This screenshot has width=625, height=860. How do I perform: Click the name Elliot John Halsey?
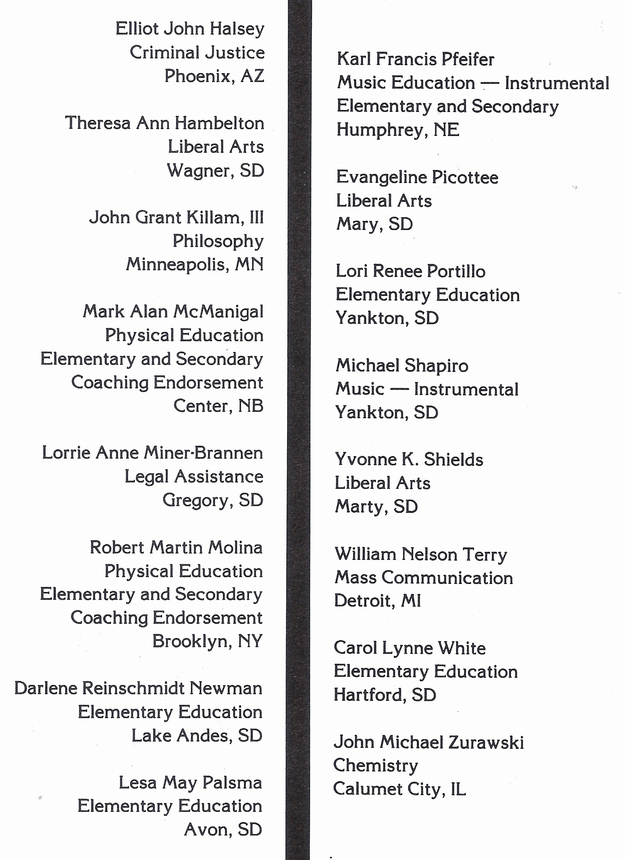click(190, 29)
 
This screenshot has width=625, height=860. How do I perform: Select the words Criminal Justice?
click(197, 53)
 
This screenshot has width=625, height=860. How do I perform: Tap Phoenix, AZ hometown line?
click(214, 76)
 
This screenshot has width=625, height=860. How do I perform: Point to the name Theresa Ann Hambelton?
click(164, 123)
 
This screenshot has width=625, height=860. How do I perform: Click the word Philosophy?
click(218, 241)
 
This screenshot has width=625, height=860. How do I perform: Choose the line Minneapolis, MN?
click(195, 264)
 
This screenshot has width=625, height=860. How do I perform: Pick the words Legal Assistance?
click(193, 477)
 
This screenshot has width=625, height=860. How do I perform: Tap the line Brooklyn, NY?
click(207, 641)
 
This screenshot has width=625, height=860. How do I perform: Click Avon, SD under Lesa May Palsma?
click(223, 829)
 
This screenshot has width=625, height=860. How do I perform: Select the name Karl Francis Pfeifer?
click(415, 60)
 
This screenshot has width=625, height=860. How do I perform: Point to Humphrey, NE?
click(398, 130)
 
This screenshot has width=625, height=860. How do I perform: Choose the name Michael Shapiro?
click(402, 366)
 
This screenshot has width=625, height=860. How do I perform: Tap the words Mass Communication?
click(424, 578)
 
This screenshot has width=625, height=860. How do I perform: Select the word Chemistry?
click(375, 766)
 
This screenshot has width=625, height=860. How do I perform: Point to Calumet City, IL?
click(399, 789)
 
